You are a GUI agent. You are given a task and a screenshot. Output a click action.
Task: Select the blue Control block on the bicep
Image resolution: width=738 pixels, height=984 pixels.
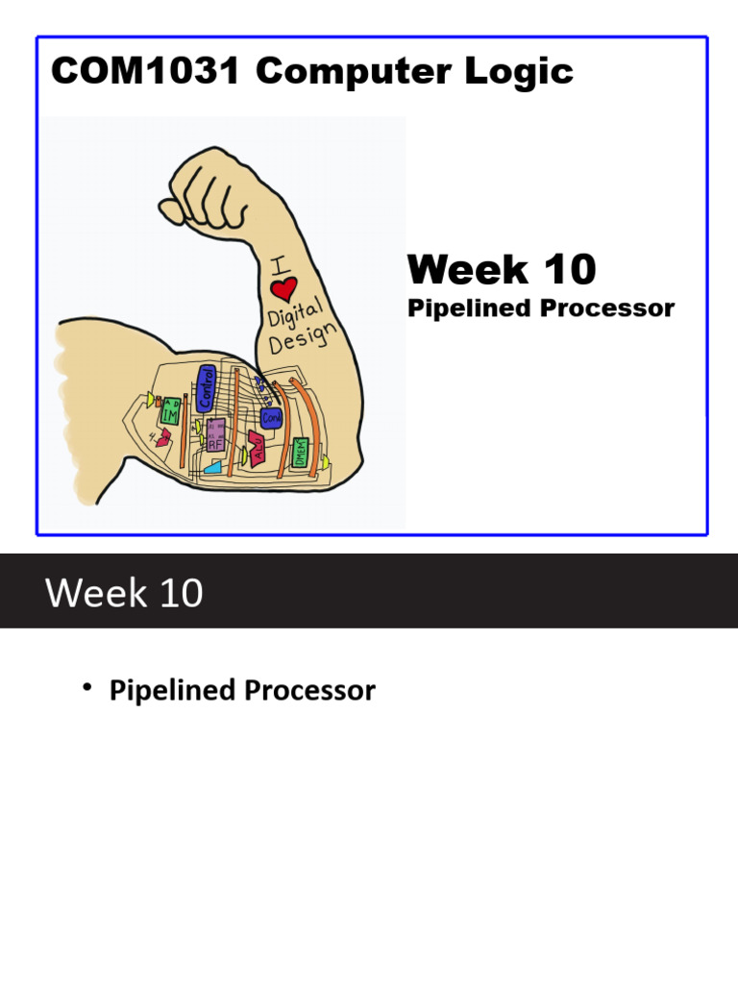point(205,388)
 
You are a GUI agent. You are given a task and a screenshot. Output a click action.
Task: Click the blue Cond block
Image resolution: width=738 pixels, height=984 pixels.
point(270,418)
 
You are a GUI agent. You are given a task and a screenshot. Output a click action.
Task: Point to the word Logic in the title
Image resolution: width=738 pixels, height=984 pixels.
point(525,71)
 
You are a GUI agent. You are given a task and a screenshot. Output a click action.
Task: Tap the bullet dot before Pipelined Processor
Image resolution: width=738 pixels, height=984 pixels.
point(86,687)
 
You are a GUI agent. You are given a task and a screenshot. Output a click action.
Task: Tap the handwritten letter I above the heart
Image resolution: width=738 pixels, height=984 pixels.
point(276,260)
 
